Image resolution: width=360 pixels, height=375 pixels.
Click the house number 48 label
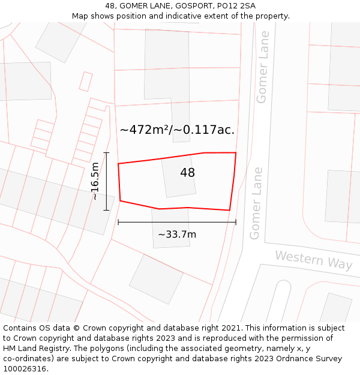click(x=187, y=173)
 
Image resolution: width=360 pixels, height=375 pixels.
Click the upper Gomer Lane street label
click(x=262, y=67)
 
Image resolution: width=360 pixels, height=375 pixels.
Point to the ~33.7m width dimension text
click(x=177, y=235)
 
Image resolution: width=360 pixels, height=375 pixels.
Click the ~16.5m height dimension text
click(x=95, y=181)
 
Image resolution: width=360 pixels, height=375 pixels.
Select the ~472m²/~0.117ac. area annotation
click(x=177, y=130)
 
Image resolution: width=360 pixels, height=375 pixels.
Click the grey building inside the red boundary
click(x=179, y=175)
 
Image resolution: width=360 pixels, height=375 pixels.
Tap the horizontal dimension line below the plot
click(x=177, y=222)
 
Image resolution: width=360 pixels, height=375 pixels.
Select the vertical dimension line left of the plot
click(x=106, y=181)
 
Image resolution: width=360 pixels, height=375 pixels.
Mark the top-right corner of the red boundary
click(x=236, y=152)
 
